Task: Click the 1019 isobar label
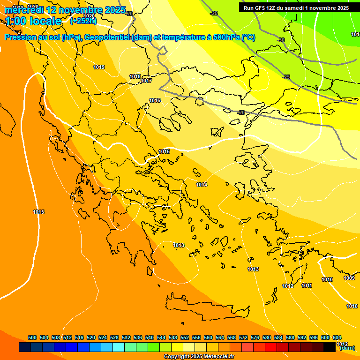(x=99, y=67)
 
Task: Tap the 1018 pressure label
(x=135, y=76)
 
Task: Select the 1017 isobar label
(x=146, y=81)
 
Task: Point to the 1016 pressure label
(x=155, y=101)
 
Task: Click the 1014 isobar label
(x=202, y=185)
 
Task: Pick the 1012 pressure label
(x=288, y=286)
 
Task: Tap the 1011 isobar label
(x=307, y=286)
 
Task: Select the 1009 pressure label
(x=349, y=278)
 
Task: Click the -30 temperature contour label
(x=281, y=40)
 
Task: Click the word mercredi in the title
(x=25, y=10)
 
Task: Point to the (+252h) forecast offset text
(x=83, y=21)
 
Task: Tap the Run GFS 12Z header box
(x=296, y=8)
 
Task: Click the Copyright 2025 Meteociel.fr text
(x=199, y=357)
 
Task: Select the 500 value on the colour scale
(x=32, y=338)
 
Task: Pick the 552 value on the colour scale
(x=185, y=338)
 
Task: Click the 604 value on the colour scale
(x=337, y=338)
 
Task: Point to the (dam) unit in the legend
(x=347, y=348)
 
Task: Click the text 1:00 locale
(x=34, y=21)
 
